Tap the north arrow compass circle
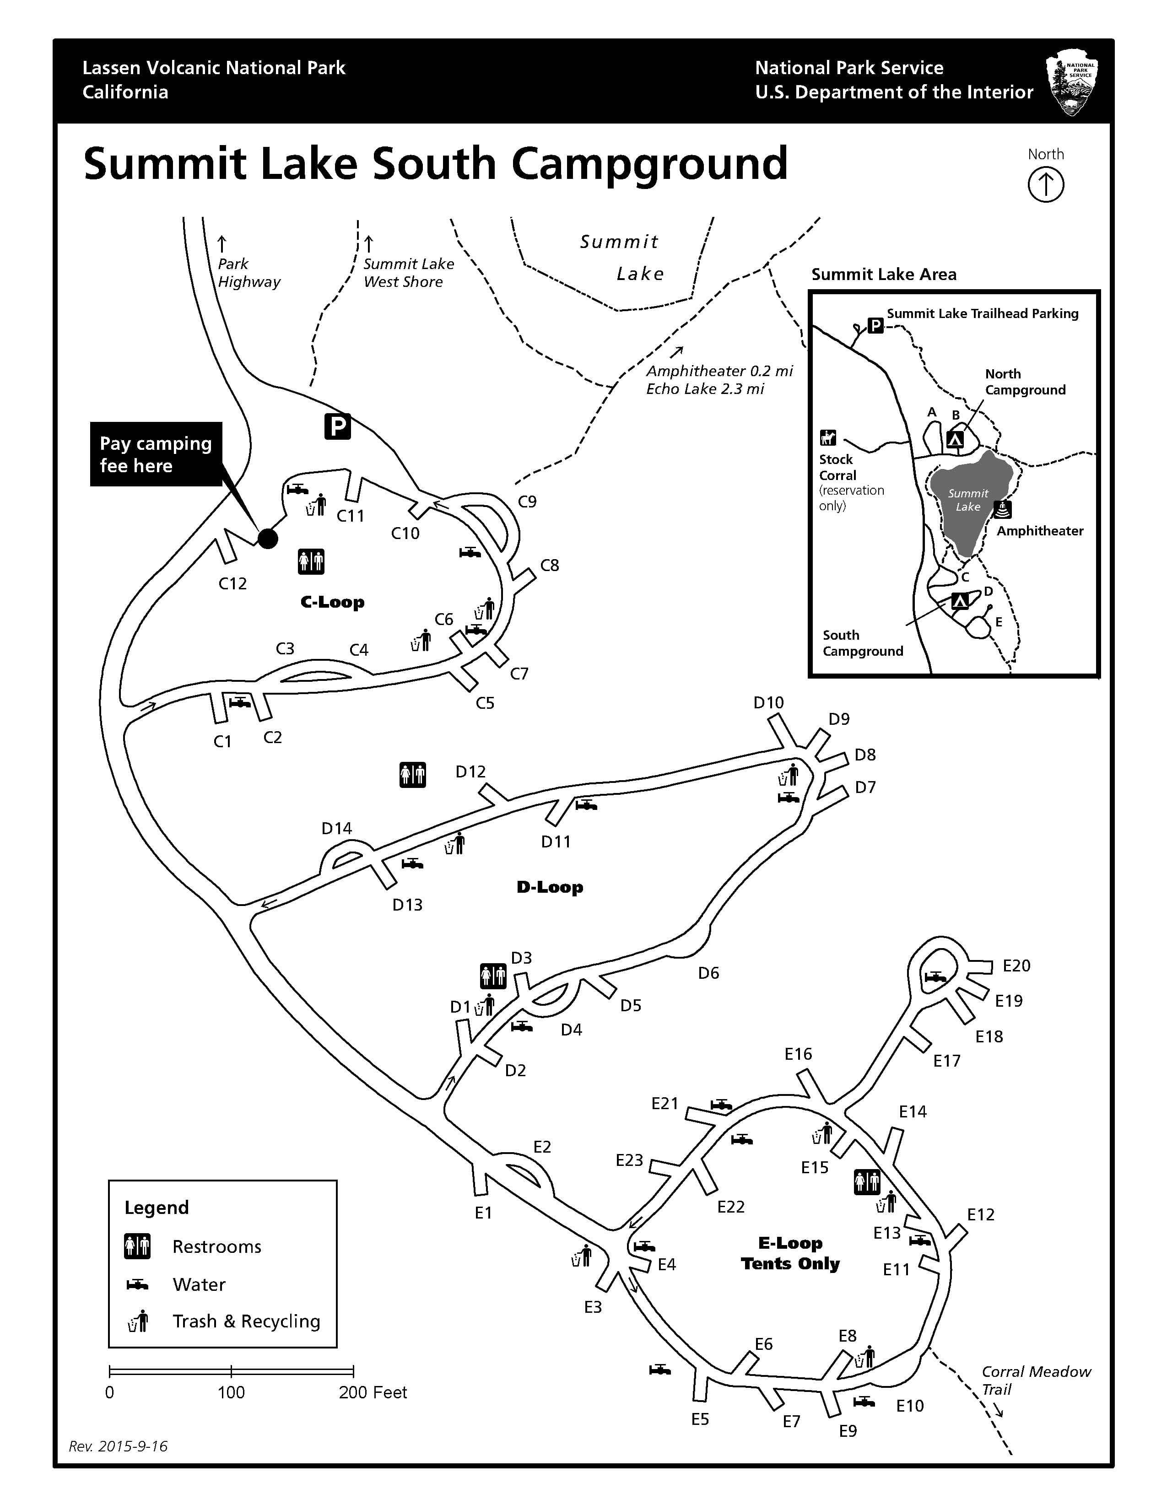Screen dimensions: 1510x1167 point(1045,185)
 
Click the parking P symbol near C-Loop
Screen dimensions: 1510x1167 point(337,426)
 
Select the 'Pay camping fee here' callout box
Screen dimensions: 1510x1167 point(156,454)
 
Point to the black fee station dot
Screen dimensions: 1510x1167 point(268,538)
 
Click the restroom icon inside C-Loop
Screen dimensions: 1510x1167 point(311,561)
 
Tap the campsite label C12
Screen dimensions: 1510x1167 point(232,583)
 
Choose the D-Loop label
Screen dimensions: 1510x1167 point(550,887)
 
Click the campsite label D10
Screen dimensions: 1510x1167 point(768,702)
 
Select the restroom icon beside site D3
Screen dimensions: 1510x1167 point(493,976)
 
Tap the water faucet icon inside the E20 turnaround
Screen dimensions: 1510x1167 point(935,977)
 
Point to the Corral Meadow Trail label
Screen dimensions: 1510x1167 point(1035,1380)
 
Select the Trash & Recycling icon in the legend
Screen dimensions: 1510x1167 point(138,1321)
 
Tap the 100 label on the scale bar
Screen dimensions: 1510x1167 point(231,1392)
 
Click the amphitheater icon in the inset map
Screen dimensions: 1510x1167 point(1002,510)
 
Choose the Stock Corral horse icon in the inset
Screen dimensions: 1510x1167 point(827,437)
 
